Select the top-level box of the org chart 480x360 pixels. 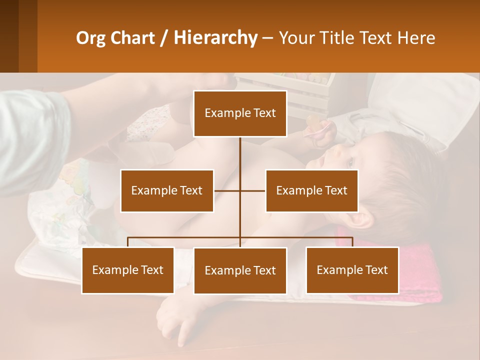(240, 113)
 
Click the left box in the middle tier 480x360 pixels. (167, 190)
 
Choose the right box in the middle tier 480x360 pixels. (311, 190)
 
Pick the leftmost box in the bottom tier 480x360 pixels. (128, 270)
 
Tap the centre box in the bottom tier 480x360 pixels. (240, 270)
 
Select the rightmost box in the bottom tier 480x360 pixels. (352, 270)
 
